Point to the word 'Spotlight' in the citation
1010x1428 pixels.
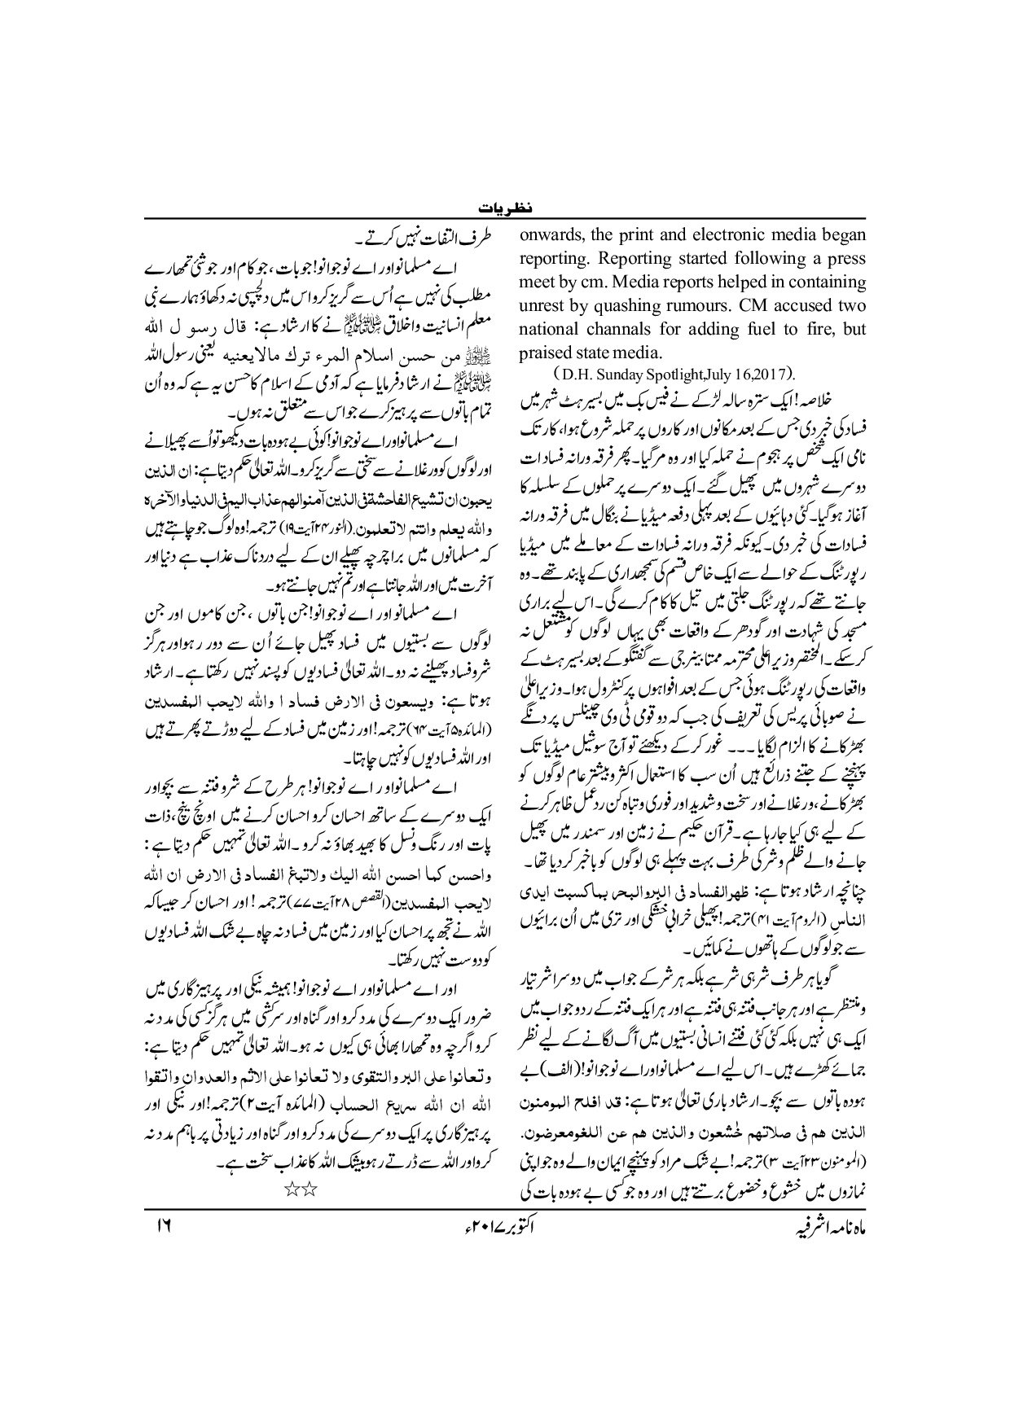coord(670,375)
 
